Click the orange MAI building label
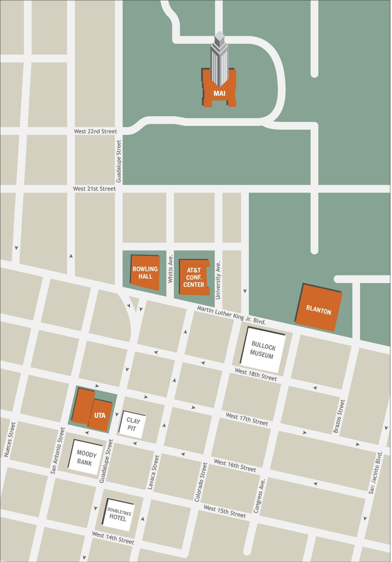pos(219,93)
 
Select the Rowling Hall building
pos(145,272)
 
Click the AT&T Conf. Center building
pos(194,277)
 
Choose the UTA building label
pos(100,416)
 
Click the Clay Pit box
pos(132,424)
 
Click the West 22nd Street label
pos(95,131)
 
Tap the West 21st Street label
pos(94,189)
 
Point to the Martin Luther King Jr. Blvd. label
pos(231,315)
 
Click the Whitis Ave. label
pos(171,269)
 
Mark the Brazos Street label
pos(339,416)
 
